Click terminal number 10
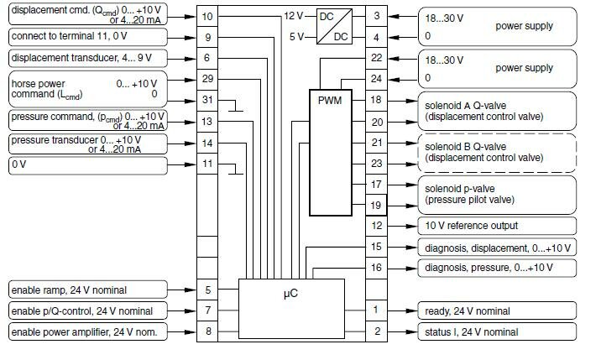click(x=208, y=16)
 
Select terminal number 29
click(x=208, y=78)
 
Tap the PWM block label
click(x=328, y=100)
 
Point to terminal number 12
click(x=377, y=226)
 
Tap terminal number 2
click(x=377, y=331)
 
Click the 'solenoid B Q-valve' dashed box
click(x=497, y=152)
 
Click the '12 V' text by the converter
click(x=293, y=15)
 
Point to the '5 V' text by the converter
click(x=295, y=36)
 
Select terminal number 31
click(x=208, y=100)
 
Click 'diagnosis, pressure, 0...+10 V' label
click(x=497, y=268)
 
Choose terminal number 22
click(x=377, y=58)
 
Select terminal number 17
click(x=377, y=184)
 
